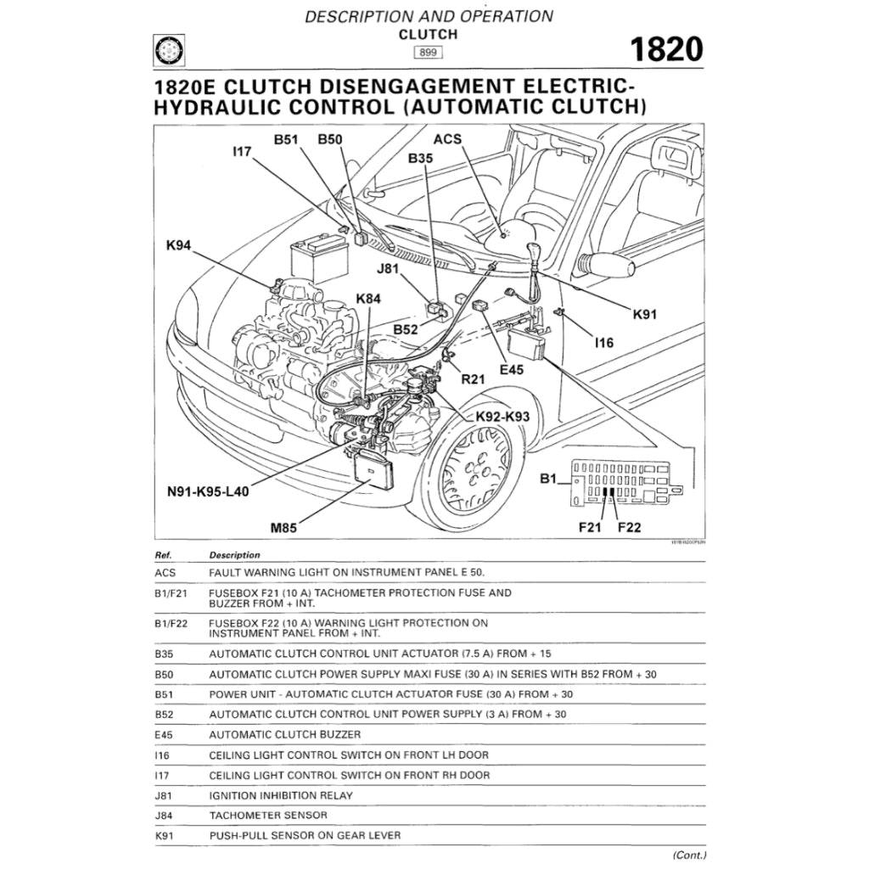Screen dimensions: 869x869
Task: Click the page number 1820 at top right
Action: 664,50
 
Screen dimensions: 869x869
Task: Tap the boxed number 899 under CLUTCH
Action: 428,52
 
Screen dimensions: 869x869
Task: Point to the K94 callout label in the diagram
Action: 179,246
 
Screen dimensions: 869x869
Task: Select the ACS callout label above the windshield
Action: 447,139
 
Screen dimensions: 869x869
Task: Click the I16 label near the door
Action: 603,343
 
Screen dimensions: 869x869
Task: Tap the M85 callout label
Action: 283,528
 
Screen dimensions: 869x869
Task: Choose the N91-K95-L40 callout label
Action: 208,491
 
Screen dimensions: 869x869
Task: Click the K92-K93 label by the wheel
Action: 502,417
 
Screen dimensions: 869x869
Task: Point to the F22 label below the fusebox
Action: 629,527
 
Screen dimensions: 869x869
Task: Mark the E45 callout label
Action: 512,369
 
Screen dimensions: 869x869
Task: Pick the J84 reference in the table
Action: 165,816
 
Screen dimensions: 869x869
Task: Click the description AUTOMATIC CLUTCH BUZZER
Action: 284,734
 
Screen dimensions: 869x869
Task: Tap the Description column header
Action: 234,555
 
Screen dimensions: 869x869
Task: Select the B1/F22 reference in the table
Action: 171,623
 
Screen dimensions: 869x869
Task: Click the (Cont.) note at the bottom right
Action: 689,855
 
